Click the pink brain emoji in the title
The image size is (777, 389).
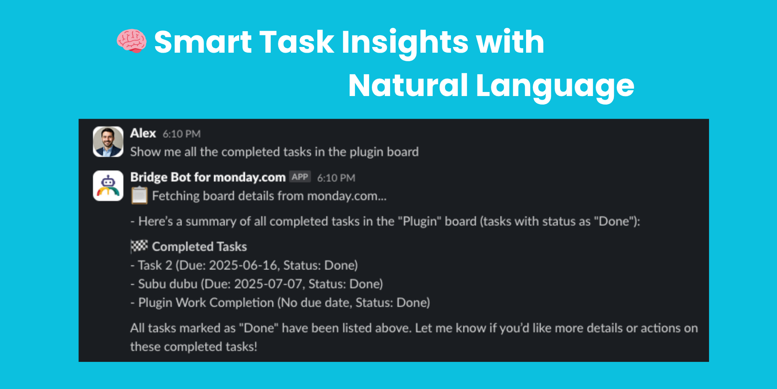[132, 41]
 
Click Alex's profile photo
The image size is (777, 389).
[108, 142]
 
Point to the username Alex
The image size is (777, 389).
[143, 133]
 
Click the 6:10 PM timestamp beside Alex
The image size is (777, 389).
[182, 134]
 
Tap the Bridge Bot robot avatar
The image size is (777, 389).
[108, 186]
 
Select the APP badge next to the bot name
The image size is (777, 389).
[300, 177]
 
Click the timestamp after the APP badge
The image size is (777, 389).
[336, 178]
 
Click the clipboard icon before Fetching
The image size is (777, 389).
[139, 195]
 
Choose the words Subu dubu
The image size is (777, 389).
[168, 284]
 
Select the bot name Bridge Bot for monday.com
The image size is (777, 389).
[208, 177]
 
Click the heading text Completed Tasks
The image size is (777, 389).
[199, 246]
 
